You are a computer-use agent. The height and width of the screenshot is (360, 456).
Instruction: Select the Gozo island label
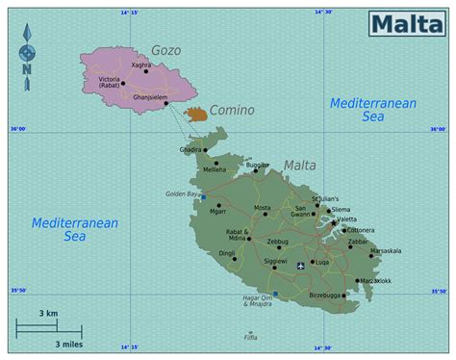click(x=165, y=50)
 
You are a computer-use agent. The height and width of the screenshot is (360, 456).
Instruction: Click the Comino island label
click(x=232, y=110)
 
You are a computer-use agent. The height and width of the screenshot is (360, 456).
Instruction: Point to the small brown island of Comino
click(x=196, y=115)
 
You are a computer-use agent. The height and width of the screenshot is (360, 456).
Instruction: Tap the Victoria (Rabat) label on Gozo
click(x=108, y=83)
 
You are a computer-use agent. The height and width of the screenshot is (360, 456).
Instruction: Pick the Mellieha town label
click(x=215, y=169)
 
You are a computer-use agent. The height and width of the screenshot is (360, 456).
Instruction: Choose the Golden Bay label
click(x=181, y=193)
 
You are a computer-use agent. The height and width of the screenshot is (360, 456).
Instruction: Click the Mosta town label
click(x=262, y=208)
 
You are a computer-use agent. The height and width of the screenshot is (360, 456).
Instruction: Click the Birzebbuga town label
click(x=324, y=295)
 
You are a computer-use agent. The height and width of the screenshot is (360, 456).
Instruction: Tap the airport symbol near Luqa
click(x=301, y=264)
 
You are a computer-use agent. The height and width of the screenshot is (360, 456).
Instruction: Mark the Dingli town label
click(x=227, y=254)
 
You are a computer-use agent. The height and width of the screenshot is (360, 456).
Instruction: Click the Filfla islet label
click(x=251, y=338)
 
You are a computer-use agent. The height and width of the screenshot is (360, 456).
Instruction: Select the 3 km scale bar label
click(x=47, y=314)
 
